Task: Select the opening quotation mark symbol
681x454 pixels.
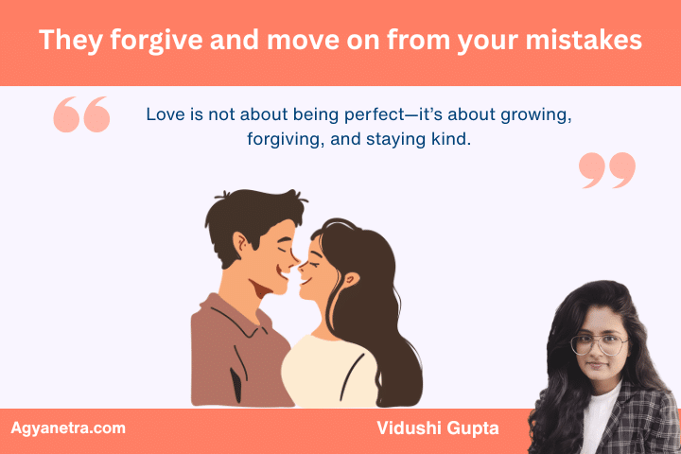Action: [x=81, y=114]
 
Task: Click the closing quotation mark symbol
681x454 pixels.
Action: [x=606, y=170]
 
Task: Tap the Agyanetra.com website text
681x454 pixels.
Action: [x=68, y=428]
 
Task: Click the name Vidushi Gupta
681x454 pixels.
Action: [x=436, y=428]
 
